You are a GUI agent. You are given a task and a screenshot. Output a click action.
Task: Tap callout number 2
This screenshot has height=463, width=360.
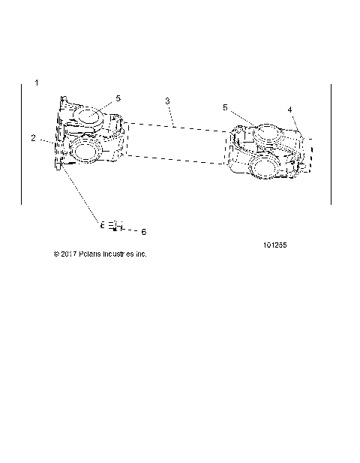pyautogui.click(x=34, y=137)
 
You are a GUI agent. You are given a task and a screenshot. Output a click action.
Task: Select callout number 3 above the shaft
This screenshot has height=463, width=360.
pyautogui.click(x=167, y=100)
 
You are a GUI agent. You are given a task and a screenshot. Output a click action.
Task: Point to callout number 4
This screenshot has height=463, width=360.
pyautogui.click(x=289, y=110)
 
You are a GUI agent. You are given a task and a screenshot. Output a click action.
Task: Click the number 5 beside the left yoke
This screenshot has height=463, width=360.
pyautogui.click(x=118, y=98)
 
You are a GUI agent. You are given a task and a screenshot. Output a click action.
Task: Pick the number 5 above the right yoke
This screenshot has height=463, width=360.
pyautogui.click(x=225, y=107)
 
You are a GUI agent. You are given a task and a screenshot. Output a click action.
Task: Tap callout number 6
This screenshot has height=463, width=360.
pyautogui.click(x=144, y=232)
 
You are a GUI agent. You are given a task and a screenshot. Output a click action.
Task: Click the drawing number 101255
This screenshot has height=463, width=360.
pyautogui.click(x=276, y=245)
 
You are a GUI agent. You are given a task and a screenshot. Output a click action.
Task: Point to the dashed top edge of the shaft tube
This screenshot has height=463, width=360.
pyautogui.click(x=176, y=125)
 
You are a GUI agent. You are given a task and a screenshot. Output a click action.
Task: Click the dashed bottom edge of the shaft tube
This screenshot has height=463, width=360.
pyautogui.click(x=176, y=158)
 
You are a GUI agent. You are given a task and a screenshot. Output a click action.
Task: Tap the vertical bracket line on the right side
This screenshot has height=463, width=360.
pyautogui.click(x=331, y=143)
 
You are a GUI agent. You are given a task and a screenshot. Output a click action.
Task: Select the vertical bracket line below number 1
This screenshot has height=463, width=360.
pyautogui.click(x=22, y=143)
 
